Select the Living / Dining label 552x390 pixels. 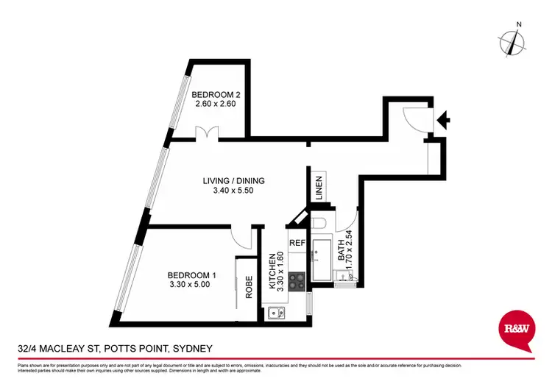(234, 181)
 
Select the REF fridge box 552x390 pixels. (297, 242)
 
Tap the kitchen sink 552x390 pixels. (277, 313)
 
